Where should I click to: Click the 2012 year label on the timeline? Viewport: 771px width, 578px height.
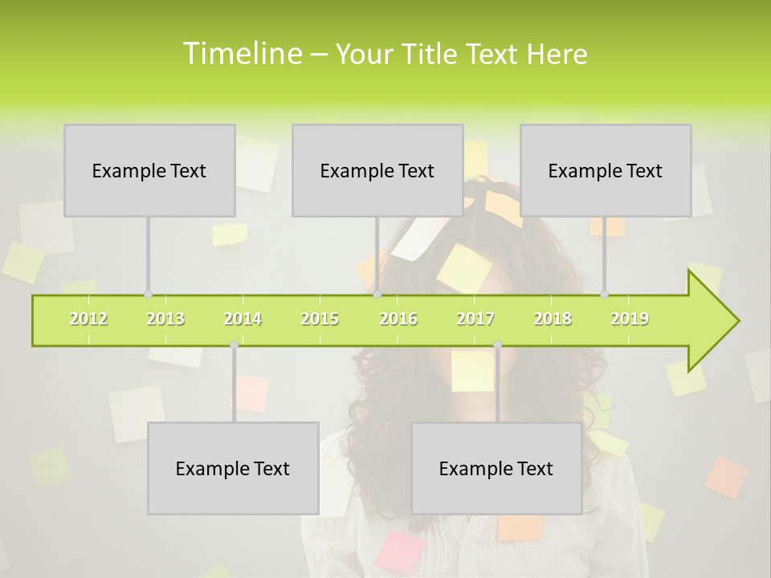click(x=88, y=319)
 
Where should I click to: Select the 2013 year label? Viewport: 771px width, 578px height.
click(x=165, y=319)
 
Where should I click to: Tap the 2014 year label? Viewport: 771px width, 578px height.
click(x=243, y=319)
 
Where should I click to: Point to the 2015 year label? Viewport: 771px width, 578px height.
click(x=320, y=319)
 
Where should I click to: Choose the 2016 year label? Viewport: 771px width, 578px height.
click(x=398, y=319)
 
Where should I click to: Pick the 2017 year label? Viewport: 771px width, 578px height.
click(x=475, y=319)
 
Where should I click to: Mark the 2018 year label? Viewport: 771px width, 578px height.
click(x=553, y=319)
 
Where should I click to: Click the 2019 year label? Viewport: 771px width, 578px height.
click(x=630, y=319)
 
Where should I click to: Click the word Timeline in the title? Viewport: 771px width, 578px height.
click(x=241, y=54)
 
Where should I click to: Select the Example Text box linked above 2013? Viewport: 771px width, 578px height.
click(x=149, y=170)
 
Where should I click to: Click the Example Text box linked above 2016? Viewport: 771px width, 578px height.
click(x=377, y=170)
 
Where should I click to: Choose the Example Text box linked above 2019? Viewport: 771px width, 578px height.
click(x=606, y=170)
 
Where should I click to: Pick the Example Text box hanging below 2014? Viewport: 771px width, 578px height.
click(x=233, y=468)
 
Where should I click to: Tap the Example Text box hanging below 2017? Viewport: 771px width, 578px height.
click(x=496, y=468)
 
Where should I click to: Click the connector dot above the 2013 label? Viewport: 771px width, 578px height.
click(x=148, y=295)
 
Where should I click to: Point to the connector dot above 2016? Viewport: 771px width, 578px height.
click(x=377, y=295)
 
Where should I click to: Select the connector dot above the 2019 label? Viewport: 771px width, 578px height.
click(x=605, y=295)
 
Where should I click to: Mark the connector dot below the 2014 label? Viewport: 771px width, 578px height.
click(x=234, y=345)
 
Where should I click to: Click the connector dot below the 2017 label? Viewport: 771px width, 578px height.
click(x=497, y=345)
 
